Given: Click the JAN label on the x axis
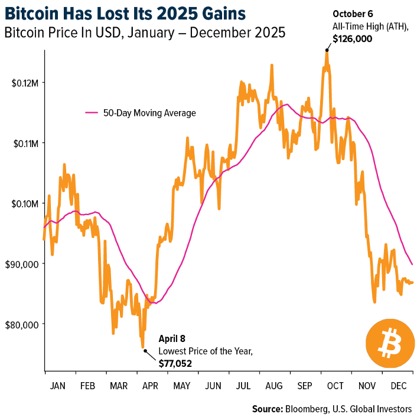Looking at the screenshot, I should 58,386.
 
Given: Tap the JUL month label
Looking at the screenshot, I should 243,386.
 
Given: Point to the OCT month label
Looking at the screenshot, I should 335,386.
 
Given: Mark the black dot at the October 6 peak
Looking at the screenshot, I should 326,50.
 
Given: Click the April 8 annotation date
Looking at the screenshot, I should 172,339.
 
